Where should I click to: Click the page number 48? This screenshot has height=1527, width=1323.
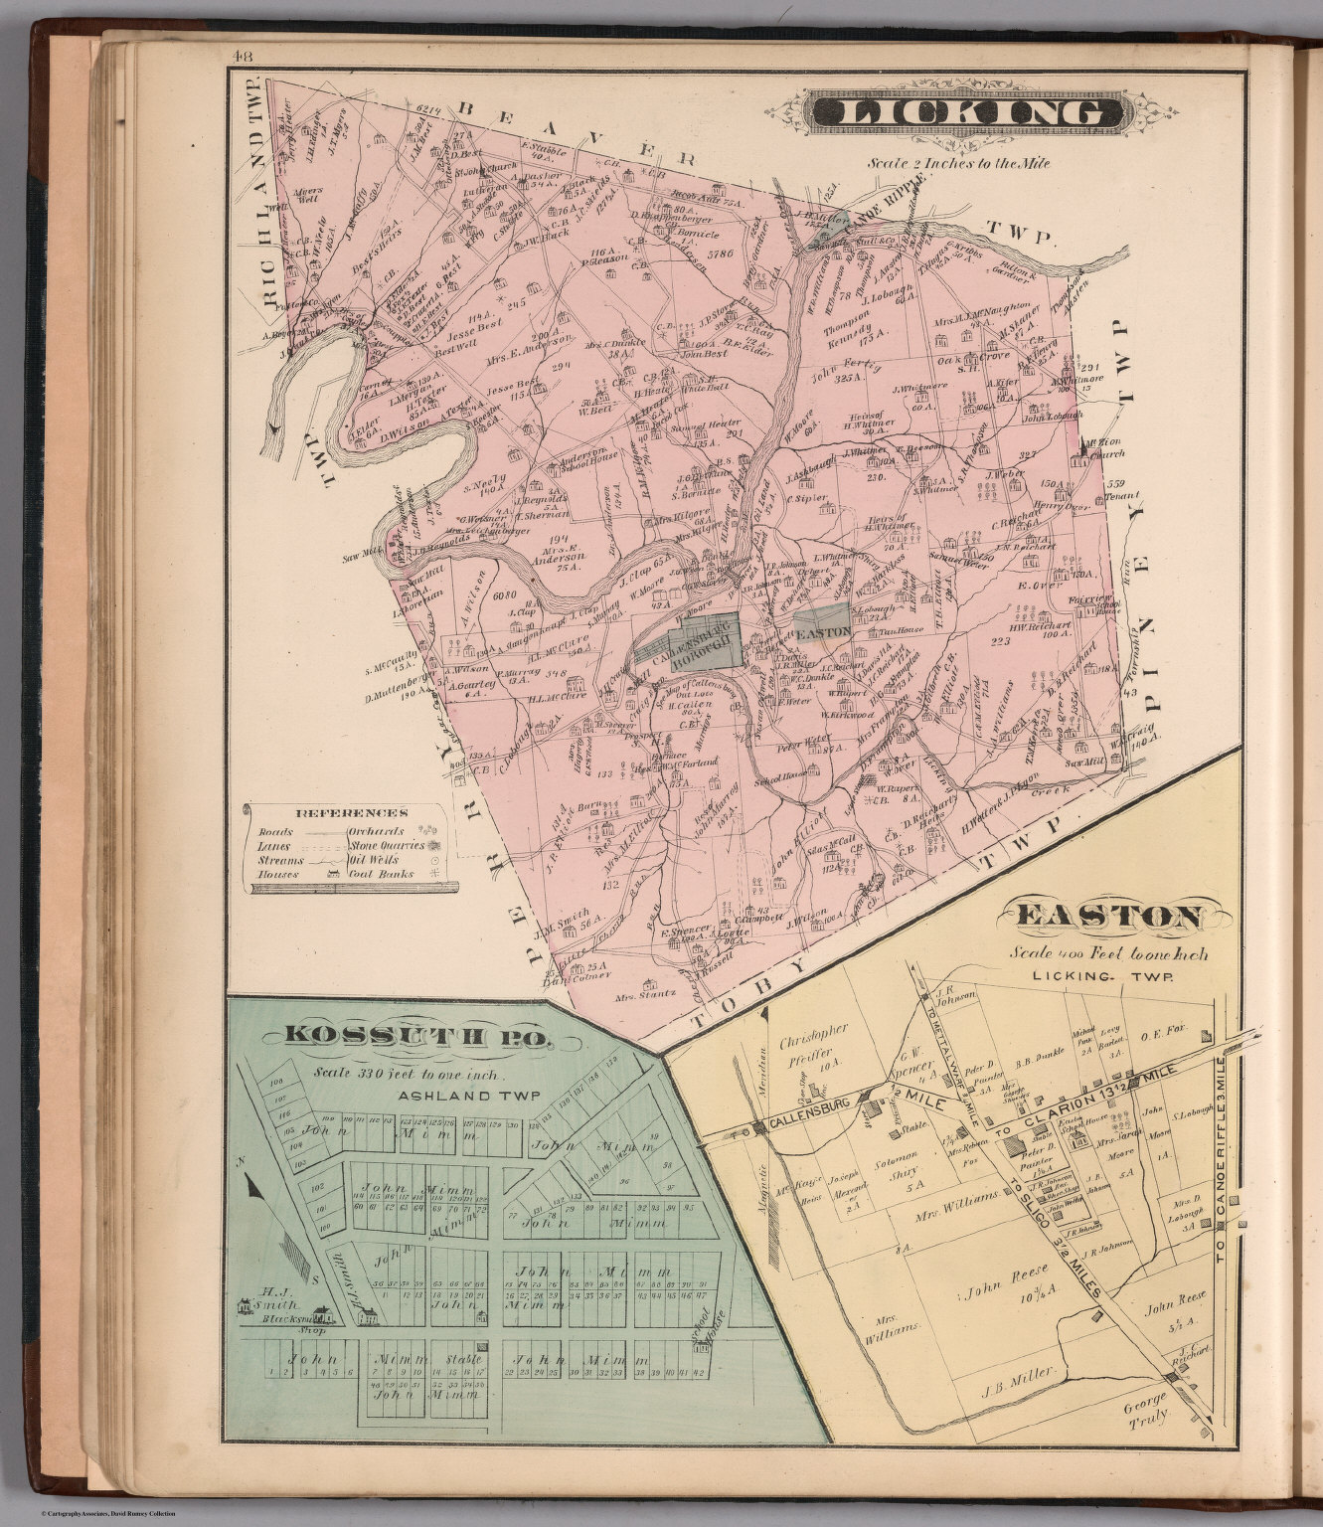pyautogui.click(x=241, y=57)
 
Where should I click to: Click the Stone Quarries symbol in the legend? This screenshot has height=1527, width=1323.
pyautogui.click(x=433, y=845)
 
